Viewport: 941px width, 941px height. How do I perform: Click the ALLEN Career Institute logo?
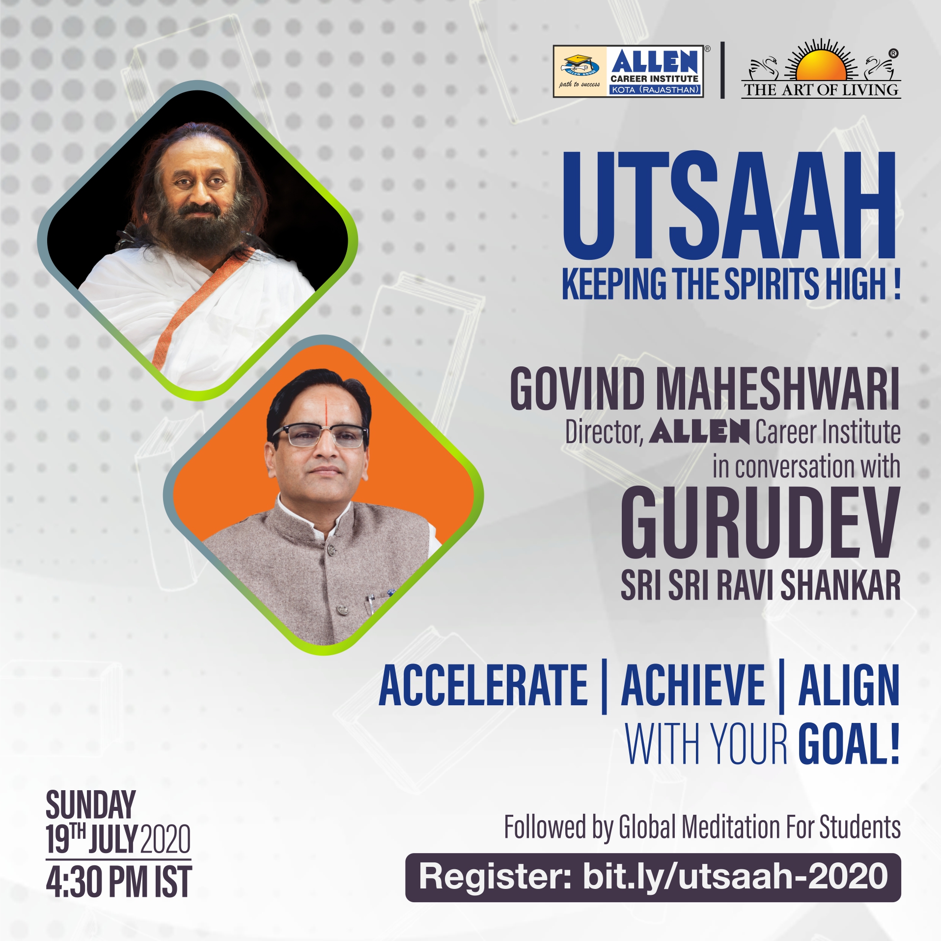pos(629,71)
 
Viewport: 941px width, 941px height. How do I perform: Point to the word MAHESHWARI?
pos(777,389)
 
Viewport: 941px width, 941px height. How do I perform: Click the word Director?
pos(604,433)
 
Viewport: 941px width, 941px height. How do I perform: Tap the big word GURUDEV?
pos(760,523)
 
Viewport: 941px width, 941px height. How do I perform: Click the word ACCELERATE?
pos(483,685)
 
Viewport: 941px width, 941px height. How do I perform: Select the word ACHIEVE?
pos(693,685)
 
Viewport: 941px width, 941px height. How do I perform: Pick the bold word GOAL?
pos(849,744)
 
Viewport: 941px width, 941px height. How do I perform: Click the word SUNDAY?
pos(91,805)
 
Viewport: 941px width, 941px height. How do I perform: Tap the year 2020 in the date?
pos(166,839)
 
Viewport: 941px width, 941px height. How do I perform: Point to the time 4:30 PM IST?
pos(119,882)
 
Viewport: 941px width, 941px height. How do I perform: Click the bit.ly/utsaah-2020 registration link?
pos(735,877)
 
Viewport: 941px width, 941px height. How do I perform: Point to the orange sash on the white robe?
pos(196,309)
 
